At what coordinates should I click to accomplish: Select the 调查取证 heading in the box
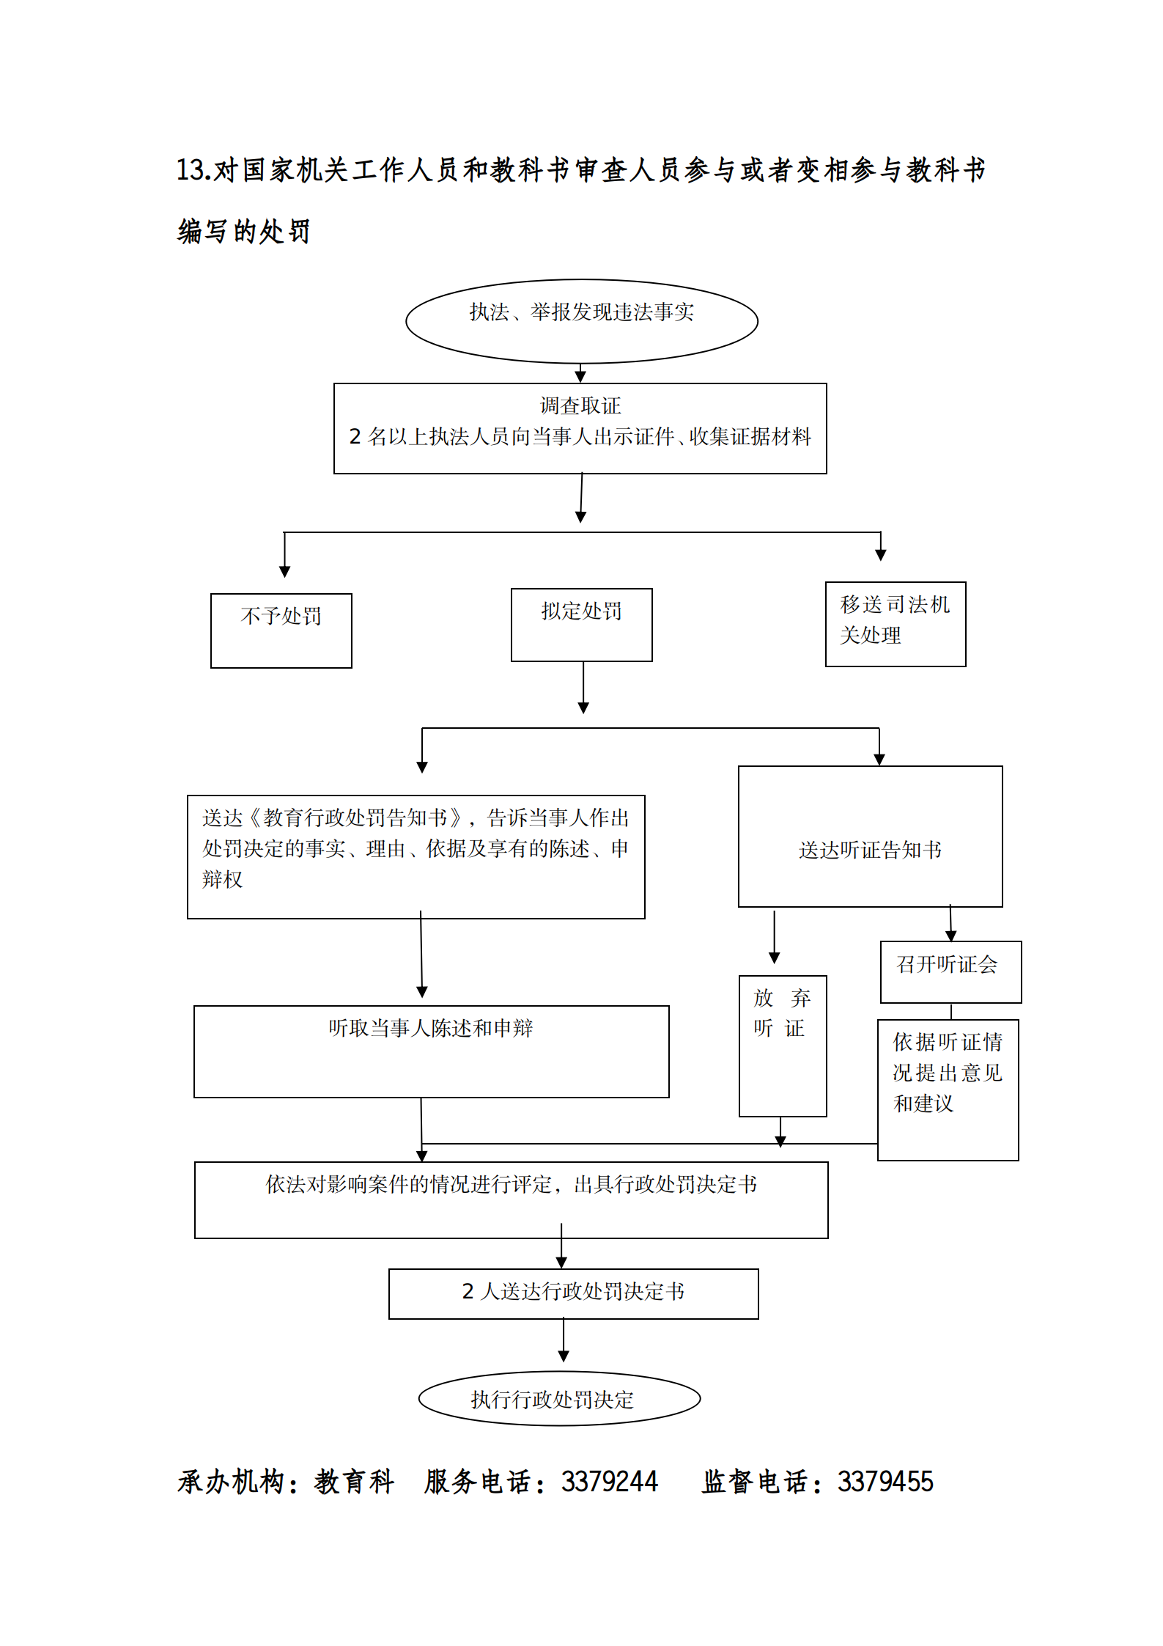coord(580,405)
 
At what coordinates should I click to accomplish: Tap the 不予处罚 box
coord(281,630)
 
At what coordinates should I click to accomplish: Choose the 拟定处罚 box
coord(581,624)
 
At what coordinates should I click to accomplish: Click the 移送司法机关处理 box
coord(895,624)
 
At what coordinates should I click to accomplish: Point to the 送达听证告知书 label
coord(870,850)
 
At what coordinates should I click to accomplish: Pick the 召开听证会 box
coord(950,971)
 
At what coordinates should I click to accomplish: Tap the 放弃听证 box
coord(782,1046)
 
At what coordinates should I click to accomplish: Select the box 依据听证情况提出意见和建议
coord(948,1089)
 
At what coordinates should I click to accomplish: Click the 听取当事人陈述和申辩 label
coord(431,1028)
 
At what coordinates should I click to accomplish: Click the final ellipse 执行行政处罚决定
coord(559,1399)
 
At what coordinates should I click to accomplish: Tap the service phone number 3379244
coord(610,1482)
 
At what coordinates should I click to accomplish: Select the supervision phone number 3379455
coord(885,1482)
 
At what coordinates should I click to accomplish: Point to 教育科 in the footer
coord(355,1482)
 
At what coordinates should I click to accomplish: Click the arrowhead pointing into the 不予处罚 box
coord(284,571)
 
